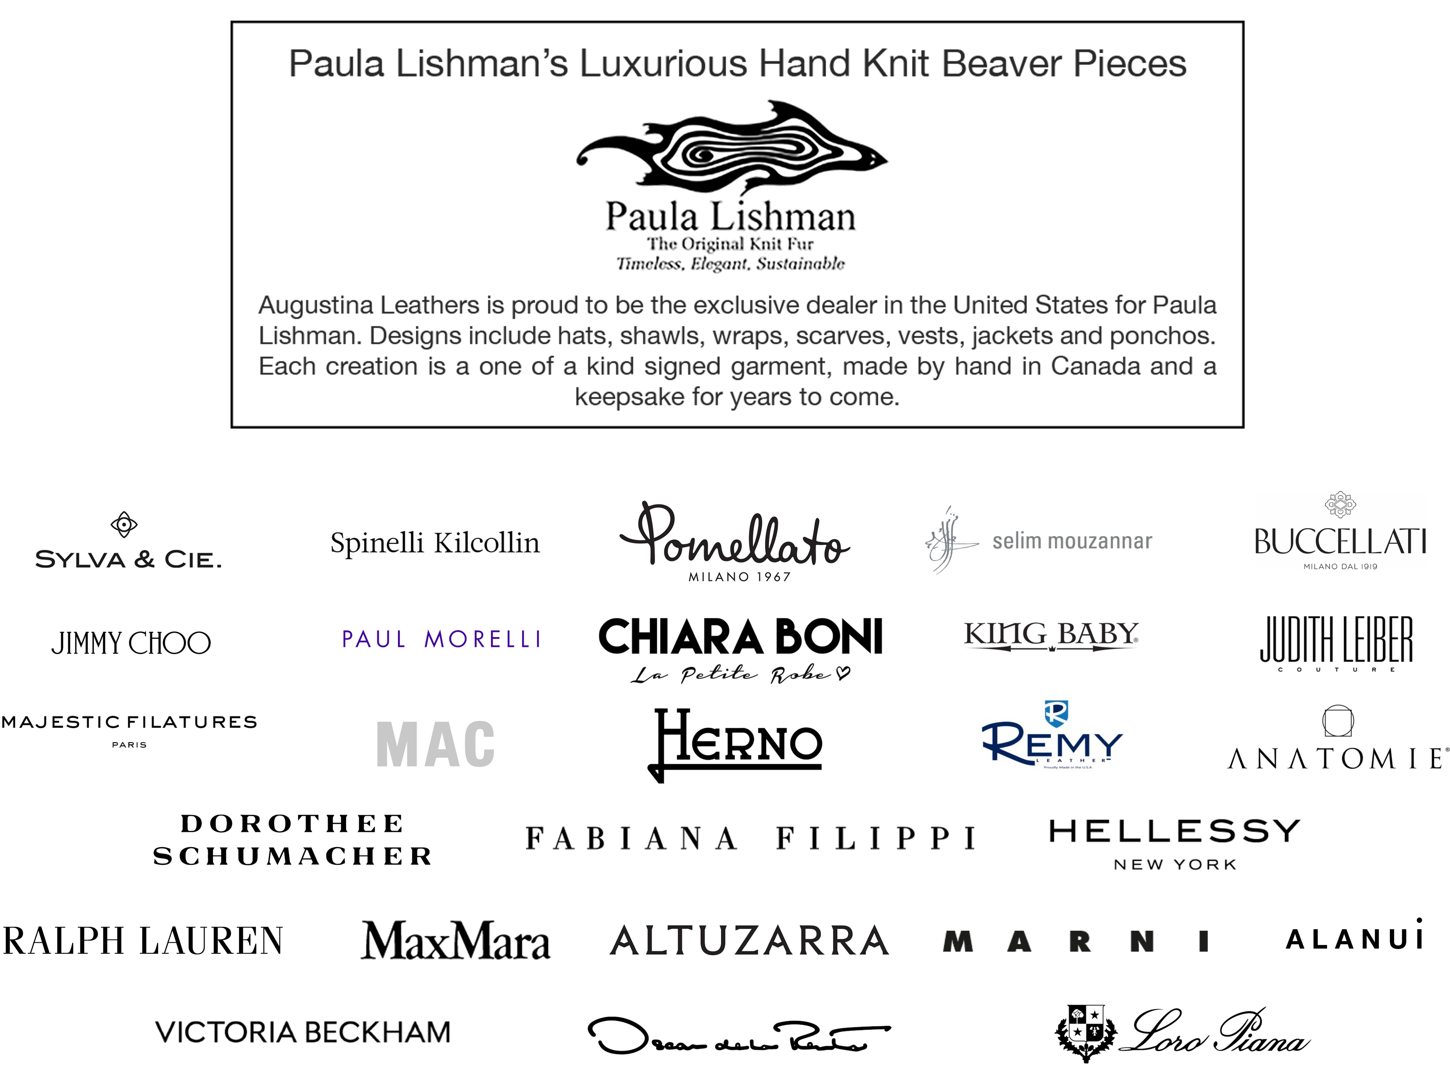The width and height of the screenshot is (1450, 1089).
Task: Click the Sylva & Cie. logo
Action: [x=129, y=536]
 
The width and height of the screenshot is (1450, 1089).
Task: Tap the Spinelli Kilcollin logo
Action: [x=435, y=543]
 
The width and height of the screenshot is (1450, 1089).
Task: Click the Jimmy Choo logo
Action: [x=131, y=641]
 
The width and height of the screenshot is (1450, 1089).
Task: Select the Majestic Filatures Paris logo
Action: [x=129, y=731]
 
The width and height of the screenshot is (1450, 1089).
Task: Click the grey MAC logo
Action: [x=435, y=744]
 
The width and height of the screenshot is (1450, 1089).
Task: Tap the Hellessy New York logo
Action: [x=1173, y=844]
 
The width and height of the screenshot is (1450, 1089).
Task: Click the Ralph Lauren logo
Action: [x=143, y=941]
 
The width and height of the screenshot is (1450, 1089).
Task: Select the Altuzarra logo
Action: [x=749, y=940]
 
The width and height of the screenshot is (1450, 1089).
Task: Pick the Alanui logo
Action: [x=1355, y=934]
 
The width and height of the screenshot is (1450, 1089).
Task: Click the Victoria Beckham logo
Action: [x=304, y=1030]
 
